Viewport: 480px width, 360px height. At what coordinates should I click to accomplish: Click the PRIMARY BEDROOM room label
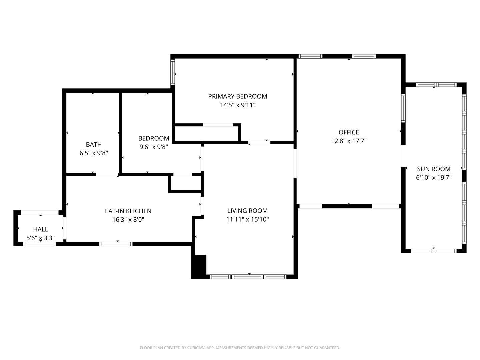pos(237,96)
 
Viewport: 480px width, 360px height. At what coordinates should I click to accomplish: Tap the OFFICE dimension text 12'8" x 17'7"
pos(349,141)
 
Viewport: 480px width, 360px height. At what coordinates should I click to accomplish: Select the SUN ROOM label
pos(434,169)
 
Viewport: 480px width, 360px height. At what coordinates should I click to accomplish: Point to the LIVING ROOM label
pos(247,211)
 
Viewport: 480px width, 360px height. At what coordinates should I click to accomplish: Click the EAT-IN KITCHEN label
pos(128,211)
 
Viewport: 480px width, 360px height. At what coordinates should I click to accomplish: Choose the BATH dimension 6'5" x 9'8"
pos(94,153)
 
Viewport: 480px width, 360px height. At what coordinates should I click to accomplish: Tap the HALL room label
pos(40,229)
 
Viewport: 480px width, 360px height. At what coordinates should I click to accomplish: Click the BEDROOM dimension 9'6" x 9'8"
pos(154,147)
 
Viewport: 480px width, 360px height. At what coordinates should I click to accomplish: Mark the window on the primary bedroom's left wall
pos(173,72)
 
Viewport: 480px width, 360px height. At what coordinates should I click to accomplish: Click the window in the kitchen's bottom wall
pos(116,244)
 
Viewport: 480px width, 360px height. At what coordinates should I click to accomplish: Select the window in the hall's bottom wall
pos(39,244)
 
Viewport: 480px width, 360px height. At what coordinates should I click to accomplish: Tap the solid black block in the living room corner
pos(199,266)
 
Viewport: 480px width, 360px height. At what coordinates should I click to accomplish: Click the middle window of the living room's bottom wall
pos(248,277)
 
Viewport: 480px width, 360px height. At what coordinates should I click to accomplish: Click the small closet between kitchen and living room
pos(186,183)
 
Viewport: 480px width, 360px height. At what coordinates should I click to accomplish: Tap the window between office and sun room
pos(403,108)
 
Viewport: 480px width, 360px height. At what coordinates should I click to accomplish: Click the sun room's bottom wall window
pos(434,251)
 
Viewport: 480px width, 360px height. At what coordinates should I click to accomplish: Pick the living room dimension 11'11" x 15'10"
pos(247,219)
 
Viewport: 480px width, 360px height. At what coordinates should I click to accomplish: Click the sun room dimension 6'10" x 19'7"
pos(434,177)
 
